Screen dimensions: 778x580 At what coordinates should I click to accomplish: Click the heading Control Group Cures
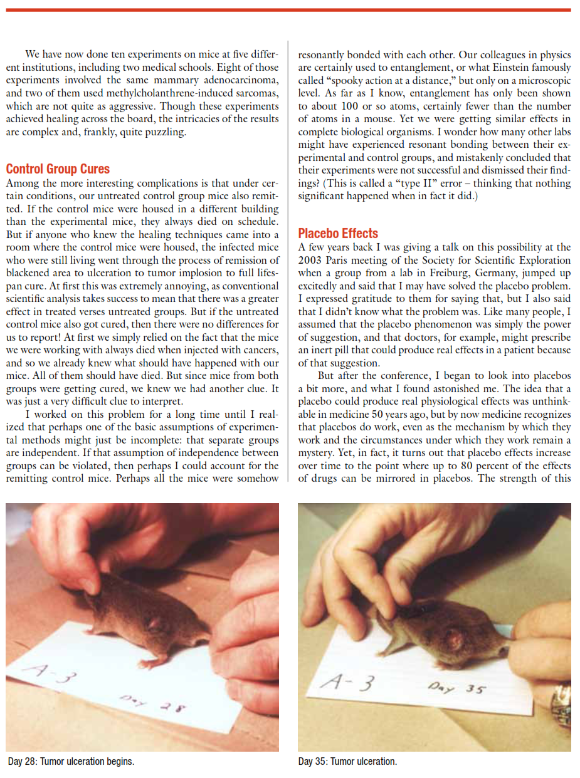click(58, 169)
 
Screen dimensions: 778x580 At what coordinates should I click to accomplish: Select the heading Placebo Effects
click(338, 234)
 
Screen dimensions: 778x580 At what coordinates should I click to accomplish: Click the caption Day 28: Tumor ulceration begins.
click(71, 762)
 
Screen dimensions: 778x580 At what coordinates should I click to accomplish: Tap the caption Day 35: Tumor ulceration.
click(347, 762)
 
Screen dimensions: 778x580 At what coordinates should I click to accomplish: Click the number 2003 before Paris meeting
click(312, 260)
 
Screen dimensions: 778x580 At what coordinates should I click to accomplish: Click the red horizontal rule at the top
click(290, 10)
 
